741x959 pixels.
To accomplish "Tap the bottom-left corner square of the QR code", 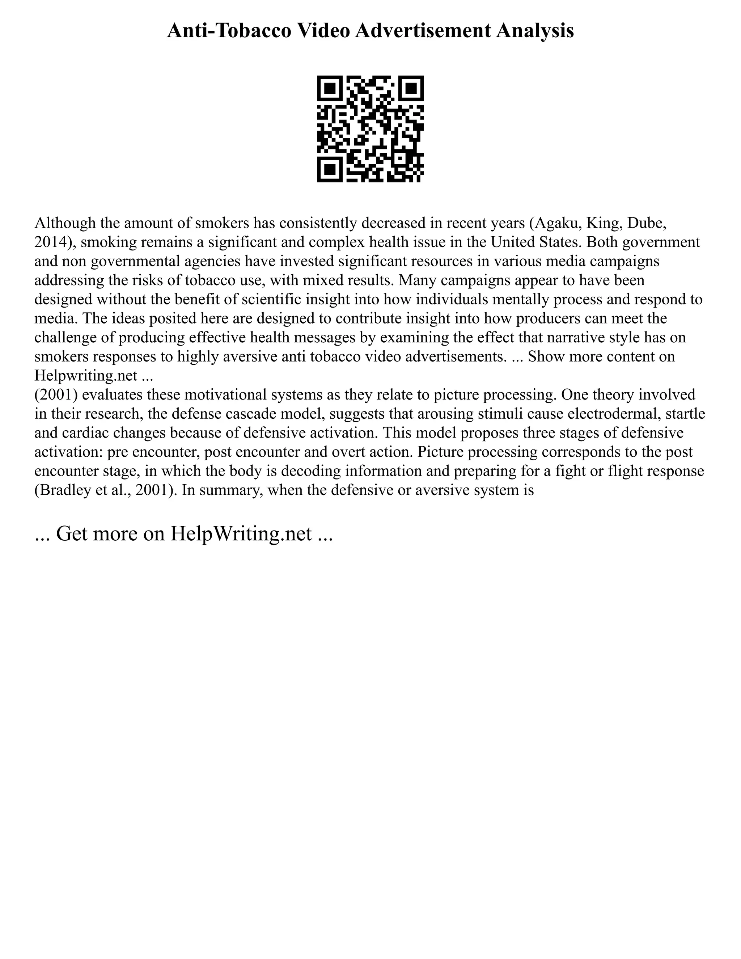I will click(x=330, y=169).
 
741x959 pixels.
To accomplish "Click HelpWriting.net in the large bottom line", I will click(x=241, y=533).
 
